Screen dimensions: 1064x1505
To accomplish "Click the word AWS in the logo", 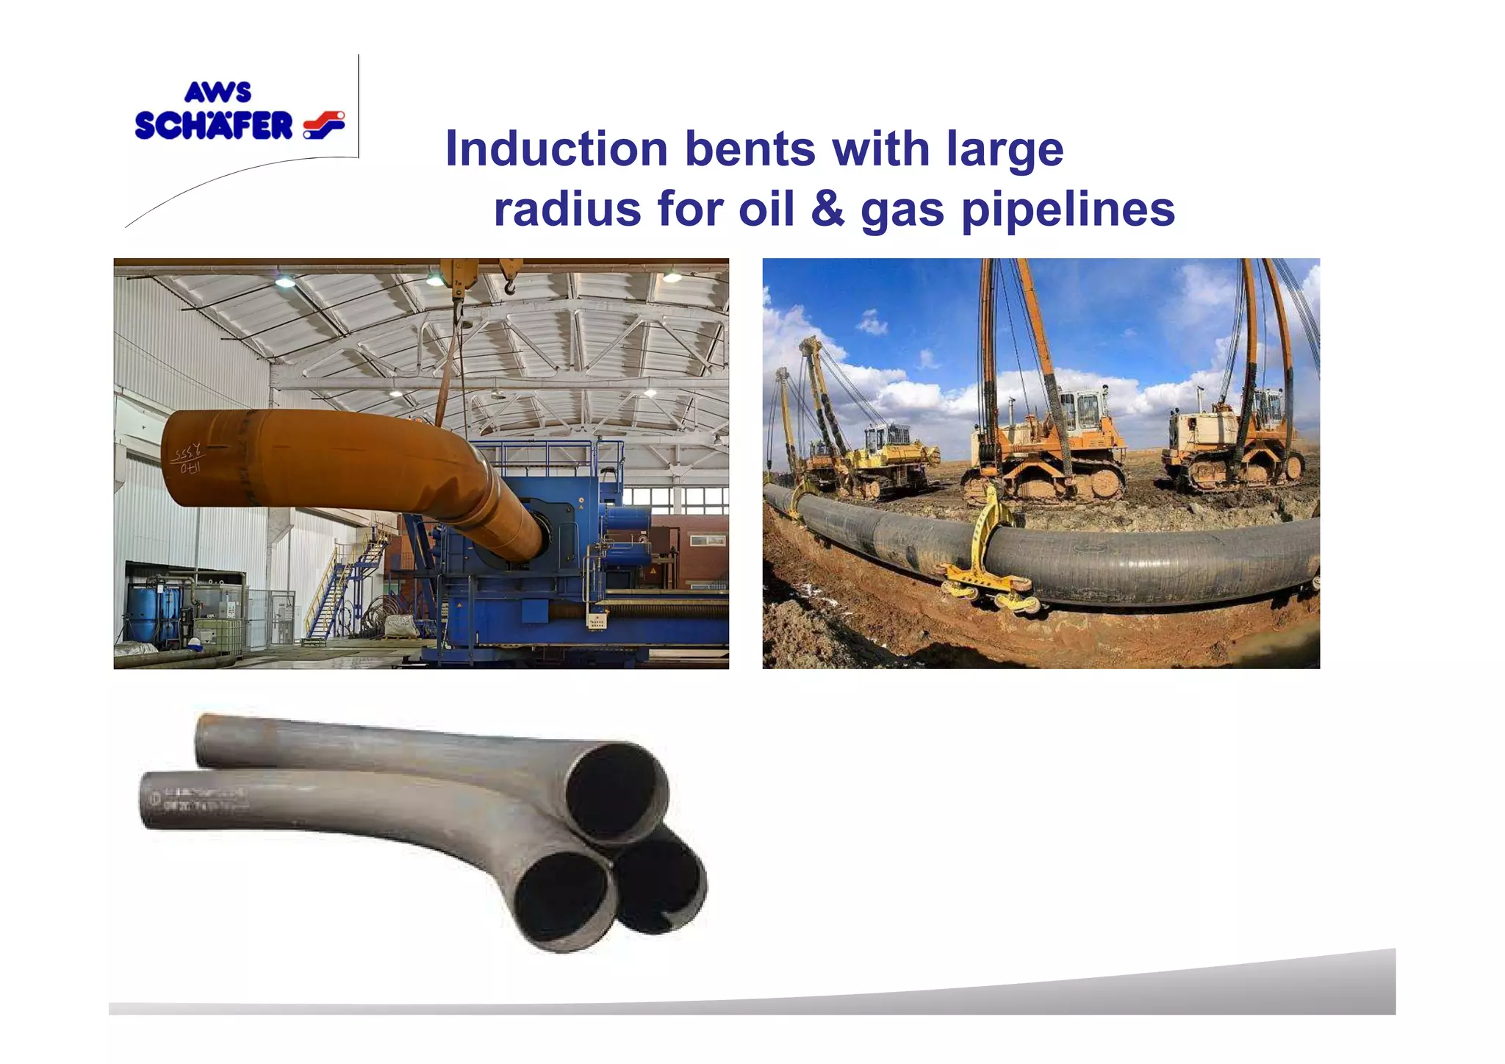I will point(218,93).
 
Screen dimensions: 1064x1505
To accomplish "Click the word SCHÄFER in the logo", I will point(214,126).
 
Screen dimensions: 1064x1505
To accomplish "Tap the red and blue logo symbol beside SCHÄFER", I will point(324,124).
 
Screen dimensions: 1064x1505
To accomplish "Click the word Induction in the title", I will point(556,149).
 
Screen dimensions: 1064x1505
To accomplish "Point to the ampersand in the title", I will point(827,209).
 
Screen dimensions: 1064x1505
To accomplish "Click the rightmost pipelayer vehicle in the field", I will point(1235,441).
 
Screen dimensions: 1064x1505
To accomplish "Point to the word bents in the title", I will point(750,149).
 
